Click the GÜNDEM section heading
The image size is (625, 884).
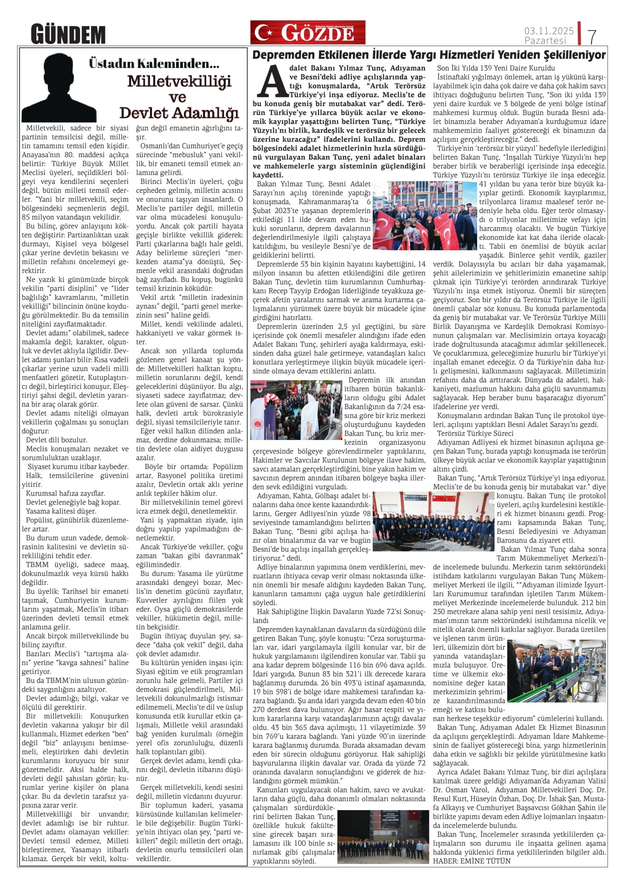(68, 34)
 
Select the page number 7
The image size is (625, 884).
(592, 37)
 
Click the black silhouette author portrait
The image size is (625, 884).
(59, 88)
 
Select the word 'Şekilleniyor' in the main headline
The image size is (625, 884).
(575, 55)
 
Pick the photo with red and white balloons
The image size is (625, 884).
(296, 410)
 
